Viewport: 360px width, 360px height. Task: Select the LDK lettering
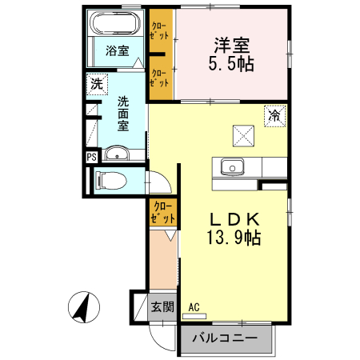[236, 218]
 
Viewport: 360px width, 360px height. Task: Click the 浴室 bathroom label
[118, 50]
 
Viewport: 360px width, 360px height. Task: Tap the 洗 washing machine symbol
[97, 83]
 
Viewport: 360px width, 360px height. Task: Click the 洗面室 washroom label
[124, 114]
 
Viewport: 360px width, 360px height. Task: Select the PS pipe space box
[90, 158]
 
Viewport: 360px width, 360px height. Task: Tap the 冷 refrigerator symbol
[274, 115]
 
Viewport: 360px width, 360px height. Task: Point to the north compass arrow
[82, 308]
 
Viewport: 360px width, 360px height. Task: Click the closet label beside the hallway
[162, 211]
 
